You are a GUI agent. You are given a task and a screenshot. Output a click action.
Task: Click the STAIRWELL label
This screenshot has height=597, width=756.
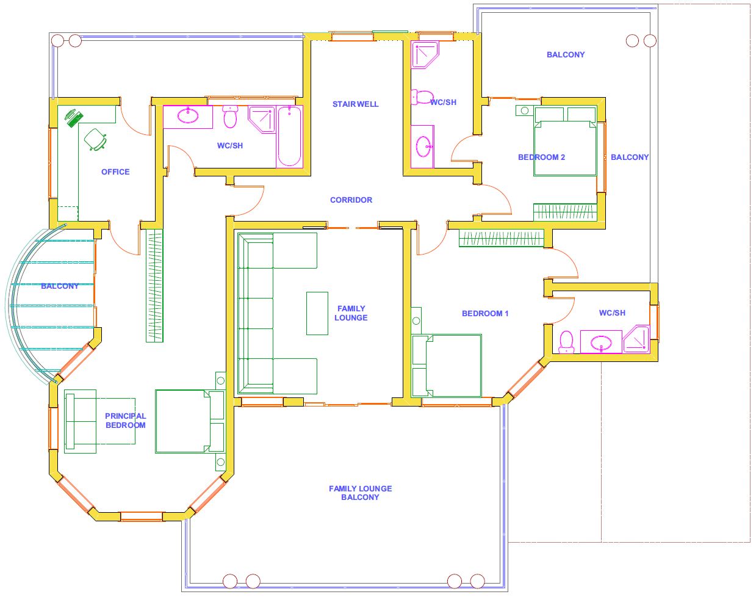355,104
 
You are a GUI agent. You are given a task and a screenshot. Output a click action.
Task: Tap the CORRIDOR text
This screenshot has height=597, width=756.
351,200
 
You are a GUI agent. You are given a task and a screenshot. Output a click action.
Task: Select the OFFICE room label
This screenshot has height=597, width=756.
115,172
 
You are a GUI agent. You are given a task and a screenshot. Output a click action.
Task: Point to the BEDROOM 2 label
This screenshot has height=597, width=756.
541,157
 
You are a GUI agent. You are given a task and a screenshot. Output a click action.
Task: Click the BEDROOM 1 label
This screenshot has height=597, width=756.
485,313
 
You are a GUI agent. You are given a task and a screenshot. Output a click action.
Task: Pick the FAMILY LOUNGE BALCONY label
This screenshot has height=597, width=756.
360,493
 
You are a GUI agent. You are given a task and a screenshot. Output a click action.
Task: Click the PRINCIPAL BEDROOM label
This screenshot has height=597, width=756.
126,421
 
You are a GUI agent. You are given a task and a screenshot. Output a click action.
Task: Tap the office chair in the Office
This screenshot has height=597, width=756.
95,139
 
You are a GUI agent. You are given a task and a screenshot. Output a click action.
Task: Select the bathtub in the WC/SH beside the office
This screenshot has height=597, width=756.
289,136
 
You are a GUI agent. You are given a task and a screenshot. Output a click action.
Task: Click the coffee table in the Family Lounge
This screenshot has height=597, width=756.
317,313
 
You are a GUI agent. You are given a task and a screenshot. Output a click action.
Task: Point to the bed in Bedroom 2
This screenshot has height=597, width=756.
565,142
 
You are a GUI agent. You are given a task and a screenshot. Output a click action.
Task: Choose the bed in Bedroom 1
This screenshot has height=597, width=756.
446,366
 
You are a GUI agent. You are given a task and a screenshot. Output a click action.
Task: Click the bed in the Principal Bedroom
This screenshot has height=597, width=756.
190,421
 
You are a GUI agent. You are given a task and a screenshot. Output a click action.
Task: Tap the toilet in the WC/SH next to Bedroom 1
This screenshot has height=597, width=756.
566,342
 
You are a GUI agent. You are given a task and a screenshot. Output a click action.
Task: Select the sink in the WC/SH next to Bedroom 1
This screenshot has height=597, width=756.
601,342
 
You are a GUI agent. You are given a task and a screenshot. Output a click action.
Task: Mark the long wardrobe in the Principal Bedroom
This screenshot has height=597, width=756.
154,286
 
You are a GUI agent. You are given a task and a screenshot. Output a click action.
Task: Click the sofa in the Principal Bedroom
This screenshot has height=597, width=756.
80,421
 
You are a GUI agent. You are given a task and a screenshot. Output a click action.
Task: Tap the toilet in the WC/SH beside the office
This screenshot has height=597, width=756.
230,117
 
